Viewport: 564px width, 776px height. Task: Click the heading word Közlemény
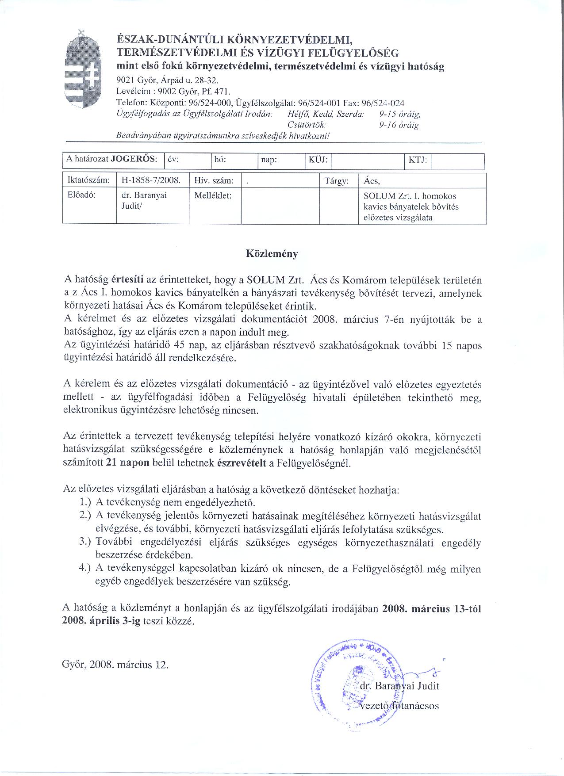(272, 254)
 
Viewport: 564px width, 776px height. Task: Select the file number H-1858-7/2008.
(151, 181)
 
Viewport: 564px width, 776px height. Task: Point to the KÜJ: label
(318, 160)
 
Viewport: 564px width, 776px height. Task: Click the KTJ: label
(418, 160)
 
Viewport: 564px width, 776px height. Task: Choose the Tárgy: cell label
(337, 181)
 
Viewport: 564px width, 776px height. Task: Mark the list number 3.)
(85, 542)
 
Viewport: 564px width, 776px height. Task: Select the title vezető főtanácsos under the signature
(399, 706)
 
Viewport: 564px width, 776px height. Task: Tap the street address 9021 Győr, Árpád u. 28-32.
(167, 80)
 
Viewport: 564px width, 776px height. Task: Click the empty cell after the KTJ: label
(457, 161)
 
